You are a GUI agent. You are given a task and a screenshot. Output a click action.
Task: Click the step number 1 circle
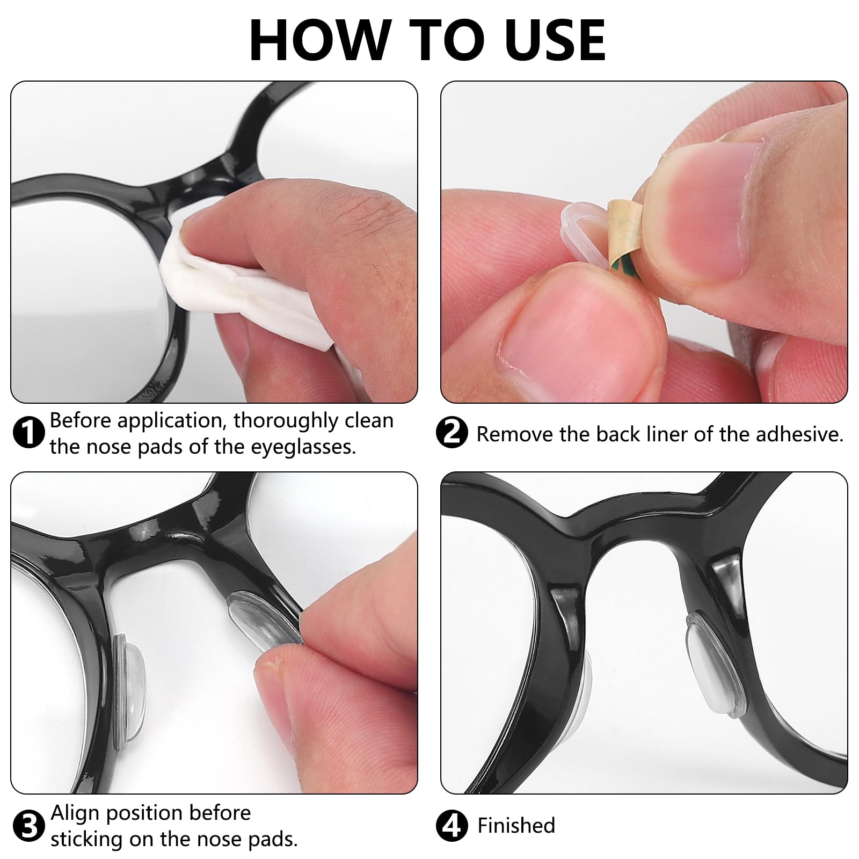click(28, 433)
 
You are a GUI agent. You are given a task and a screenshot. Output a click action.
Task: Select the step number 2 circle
click(453, 433)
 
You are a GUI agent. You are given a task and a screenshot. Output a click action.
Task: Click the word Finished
click(516, 826)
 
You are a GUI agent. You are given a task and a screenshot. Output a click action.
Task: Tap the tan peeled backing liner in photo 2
click(623, 231)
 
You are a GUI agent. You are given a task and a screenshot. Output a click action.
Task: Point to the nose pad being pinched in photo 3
click(263, 617)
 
